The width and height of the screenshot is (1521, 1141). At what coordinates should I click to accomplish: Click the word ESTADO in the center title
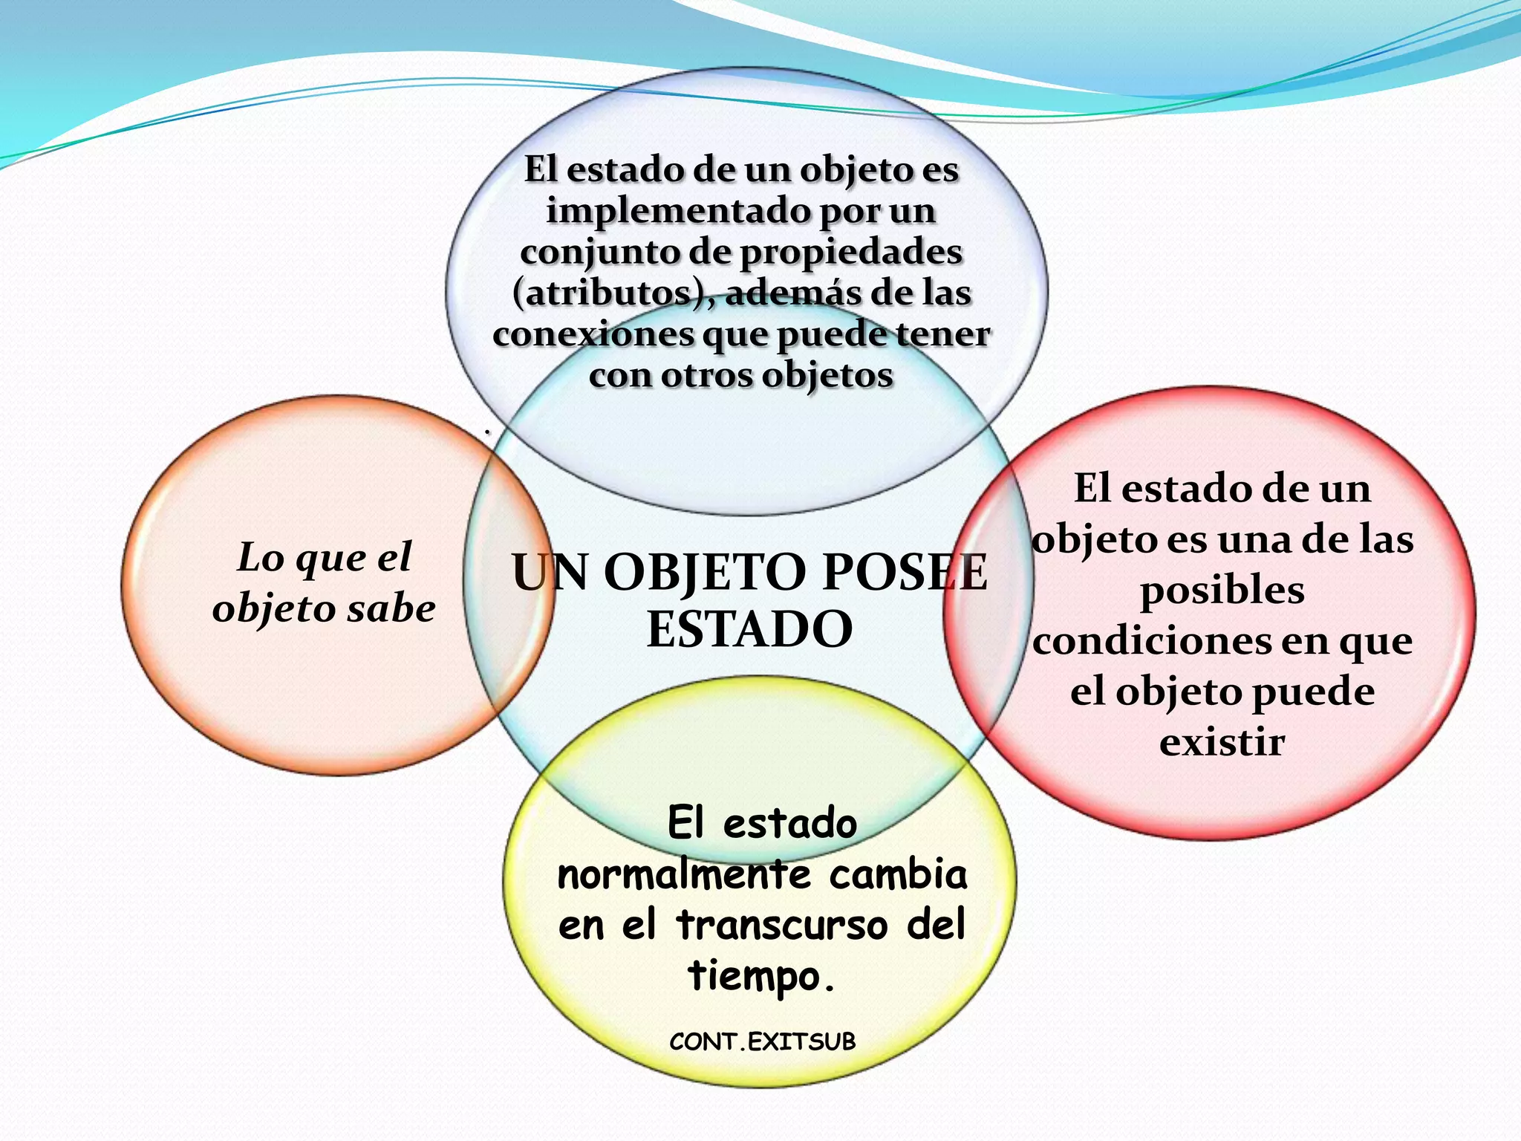[749, 629]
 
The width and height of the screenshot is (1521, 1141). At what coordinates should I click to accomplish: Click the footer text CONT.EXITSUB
[762, 1041]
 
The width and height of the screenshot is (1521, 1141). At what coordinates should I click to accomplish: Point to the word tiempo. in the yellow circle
[762, 975]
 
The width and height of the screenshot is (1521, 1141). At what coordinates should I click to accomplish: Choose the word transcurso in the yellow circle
[782, 925]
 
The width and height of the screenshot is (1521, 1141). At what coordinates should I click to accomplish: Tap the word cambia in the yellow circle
[898, 874]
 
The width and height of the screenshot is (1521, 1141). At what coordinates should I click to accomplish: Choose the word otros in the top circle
[706, 374]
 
